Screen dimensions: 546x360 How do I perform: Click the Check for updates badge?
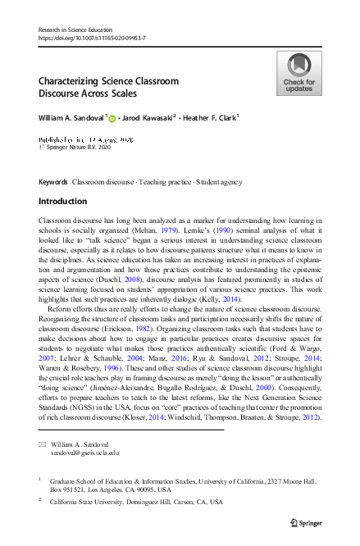pos(298,73)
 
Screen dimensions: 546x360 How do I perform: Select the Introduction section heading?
pos(62,201)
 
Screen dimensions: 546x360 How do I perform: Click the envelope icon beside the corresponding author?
pos(43,443)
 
